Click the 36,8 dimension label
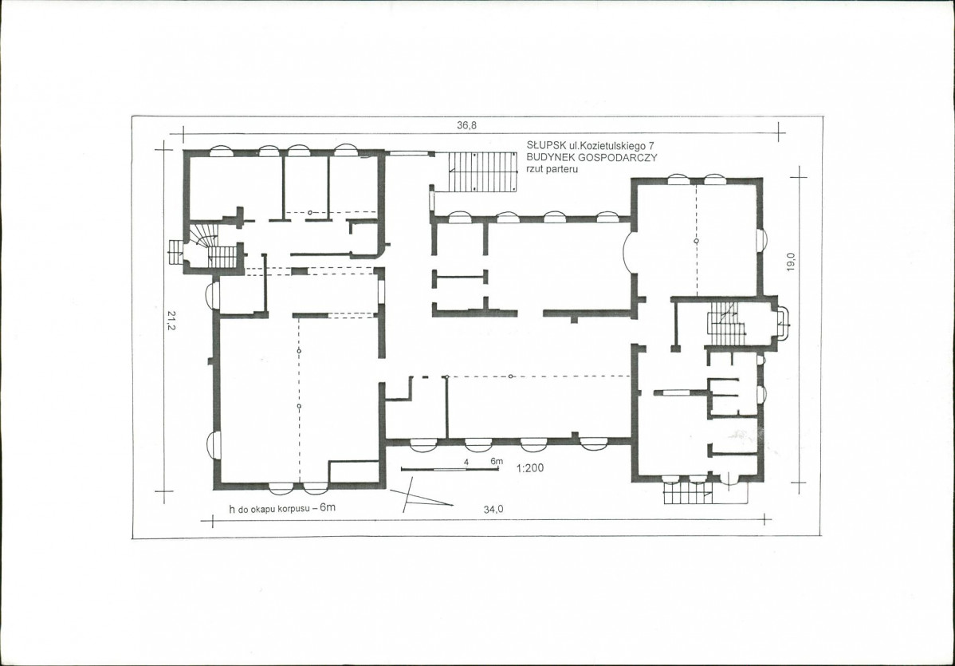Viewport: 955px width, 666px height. (467, 125)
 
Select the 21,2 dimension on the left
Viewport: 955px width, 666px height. (171, 321)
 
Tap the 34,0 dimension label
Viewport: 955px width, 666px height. (493, 510)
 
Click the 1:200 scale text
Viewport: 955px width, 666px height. (530, 468)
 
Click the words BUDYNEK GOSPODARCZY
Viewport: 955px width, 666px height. (591, 157)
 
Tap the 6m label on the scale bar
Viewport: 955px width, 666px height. (497, 461)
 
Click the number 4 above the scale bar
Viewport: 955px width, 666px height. (466, 463)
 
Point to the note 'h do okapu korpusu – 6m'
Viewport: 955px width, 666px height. (282, 507)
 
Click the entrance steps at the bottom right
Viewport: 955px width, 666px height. (688, 492)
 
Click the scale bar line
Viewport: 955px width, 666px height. (450, 469)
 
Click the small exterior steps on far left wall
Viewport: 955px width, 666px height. (175, 252)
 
